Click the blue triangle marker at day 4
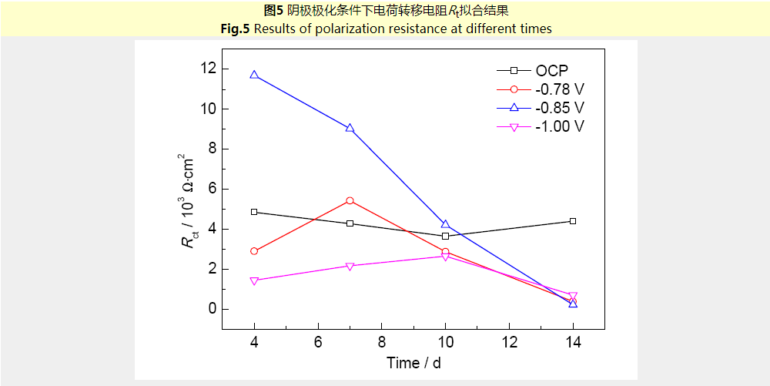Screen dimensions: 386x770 (254, 76)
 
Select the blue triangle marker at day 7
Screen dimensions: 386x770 (350, 129)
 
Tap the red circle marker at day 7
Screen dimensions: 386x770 (350, 200)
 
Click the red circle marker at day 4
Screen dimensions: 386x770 (254, 251)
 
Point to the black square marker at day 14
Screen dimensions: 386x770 (573, 221)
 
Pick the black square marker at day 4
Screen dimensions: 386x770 (254, 212)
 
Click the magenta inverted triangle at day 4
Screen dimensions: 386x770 (254, 280)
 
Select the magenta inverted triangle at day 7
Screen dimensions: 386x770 (350, 267)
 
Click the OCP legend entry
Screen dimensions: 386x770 (552, 71)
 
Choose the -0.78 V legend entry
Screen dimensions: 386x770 (560, 89)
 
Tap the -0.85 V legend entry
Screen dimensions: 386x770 (560, 108)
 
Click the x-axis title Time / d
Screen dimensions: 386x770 (413, 363)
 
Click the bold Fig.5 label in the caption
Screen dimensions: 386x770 (235, 29)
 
